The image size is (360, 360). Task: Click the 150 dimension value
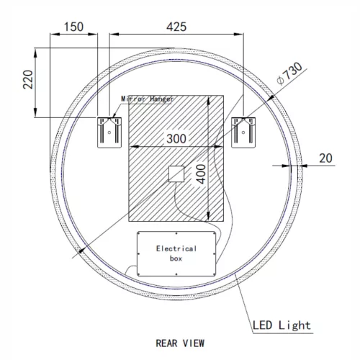[x=73, y=27]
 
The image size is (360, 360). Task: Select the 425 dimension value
[x=175, y=27]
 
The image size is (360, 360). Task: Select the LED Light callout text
[x=282, y=325]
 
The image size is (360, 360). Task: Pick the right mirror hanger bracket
[x=243, y=131]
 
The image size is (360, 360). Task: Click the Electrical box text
[x=176, y=252]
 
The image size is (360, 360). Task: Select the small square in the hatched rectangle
[x=176, y=174]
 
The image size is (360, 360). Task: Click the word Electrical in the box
[x=176, y=248]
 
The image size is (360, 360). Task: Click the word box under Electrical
[x=176, y=257]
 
